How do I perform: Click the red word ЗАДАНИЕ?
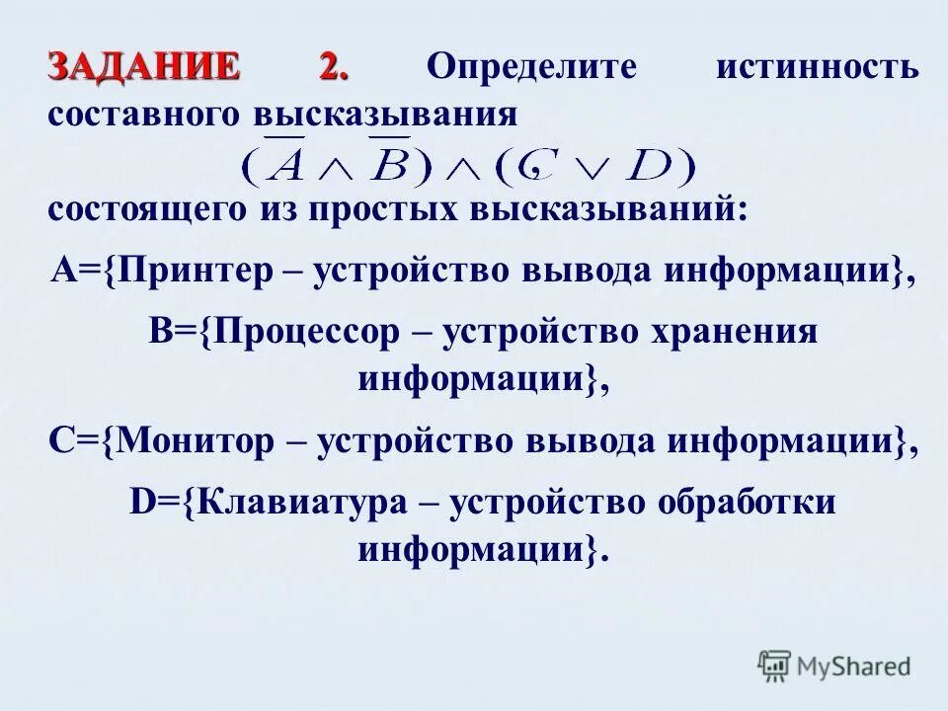click(x=143, y=67)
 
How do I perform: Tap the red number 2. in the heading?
click(x=333, y=67)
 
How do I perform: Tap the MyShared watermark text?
click(x=854, y=667)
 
